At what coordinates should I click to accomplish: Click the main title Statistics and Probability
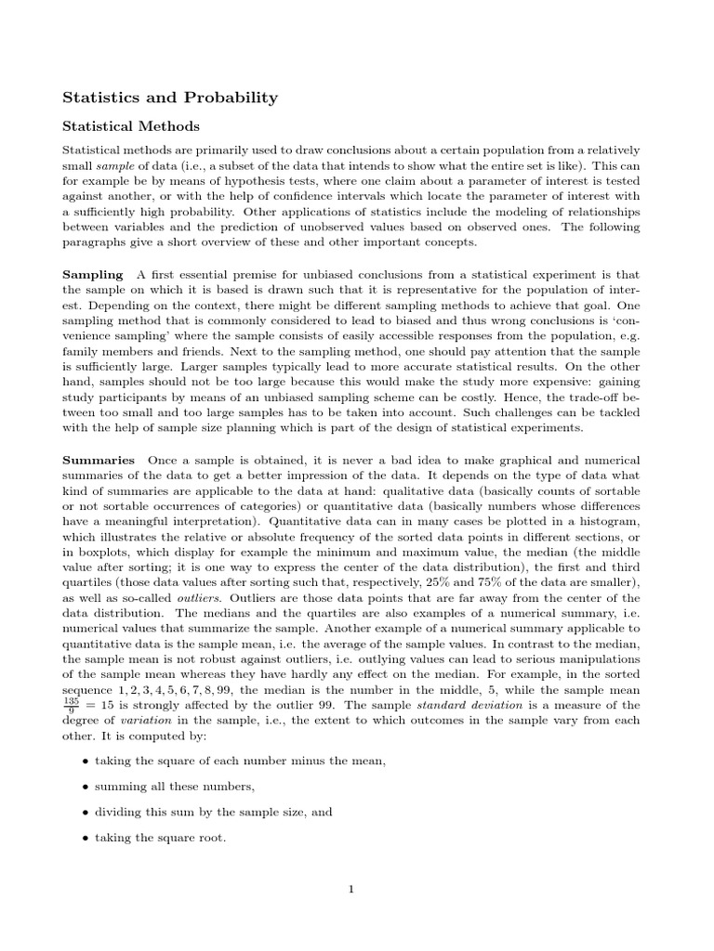click(169, 97)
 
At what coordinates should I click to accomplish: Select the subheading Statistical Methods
click(130, 125)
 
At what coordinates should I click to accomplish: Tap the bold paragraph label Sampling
click(92, 275)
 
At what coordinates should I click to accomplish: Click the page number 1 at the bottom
click(351, 889)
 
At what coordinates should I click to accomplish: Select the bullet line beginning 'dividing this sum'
click(214, 812)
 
